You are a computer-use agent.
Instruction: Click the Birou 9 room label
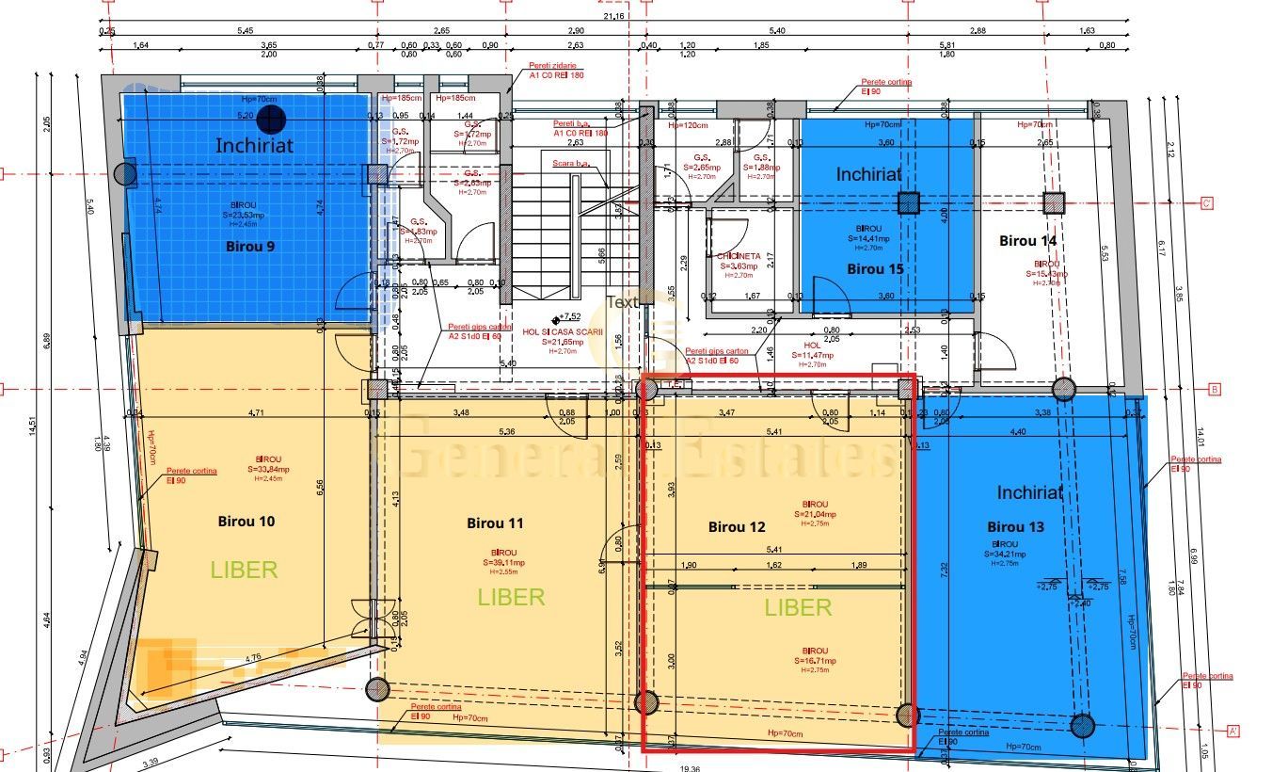point(250,247)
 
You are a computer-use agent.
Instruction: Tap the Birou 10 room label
point(246,521)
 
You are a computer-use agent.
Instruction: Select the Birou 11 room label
point(495,523)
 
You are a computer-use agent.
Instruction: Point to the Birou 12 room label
point(737,527)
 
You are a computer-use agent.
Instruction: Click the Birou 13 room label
point(1016,527)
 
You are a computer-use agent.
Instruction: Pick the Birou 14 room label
point(1027,241)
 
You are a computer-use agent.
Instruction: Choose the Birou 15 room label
point(875,269)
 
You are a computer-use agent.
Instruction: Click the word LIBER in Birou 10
point(244,570)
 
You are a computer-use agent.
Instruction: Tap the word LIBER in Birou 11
point(511,597)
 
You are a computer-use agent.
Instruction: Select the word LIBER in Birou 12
point(798,608)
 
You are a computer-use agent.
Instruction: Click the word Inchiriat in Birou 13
point(1030,492)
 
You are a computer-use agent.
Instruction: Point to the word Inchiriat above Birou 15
point(868,174)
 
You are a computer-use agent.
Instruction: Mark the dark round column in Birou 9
point(272,118)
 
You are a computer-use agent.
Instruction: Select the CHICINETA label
point(739,256)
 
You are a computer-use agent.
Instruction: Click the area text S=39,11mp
point(504,563)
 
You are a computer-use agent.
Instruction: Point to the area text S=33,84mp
point(269,469)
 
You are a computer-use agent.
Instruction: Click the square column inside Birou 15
point(907,202)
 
